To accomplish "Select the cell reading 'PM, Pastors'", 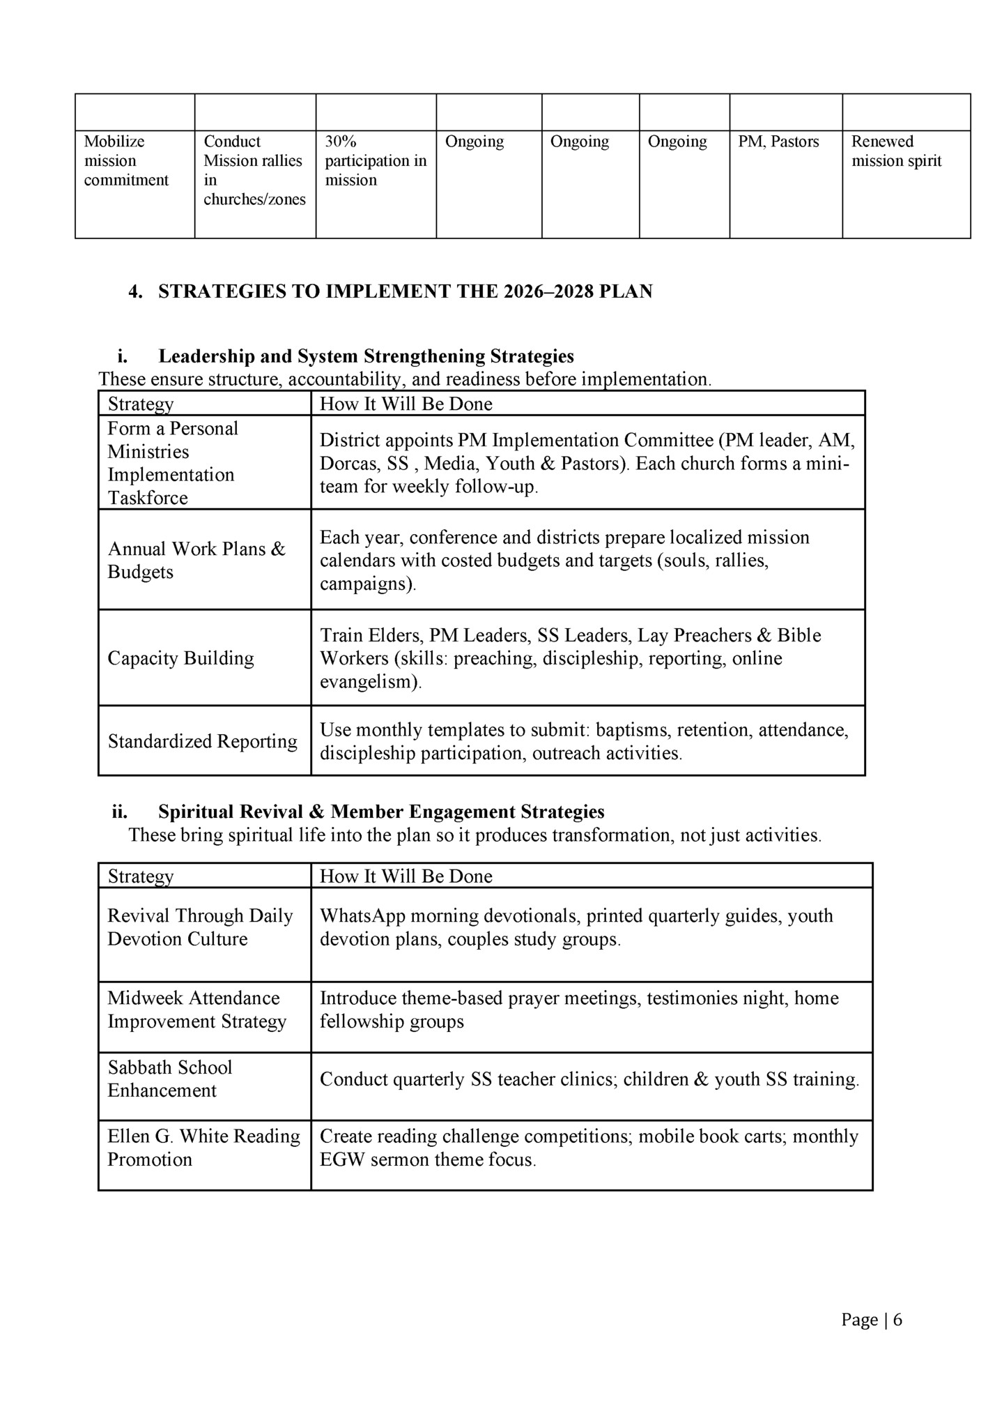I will pos(778,142).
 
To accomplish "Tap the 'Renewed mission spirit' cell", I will pos(895,151).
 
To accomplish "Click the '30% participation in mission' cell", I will pos(376,161).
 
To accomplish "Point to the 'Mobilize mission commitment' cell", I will pos(126,161).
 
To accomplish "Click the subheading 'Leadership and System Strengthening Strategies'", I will pos(366,356).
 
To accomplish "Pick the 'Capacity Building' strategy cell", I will pos(180,658).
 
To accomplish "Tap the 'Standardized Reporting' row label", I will pos(202,741).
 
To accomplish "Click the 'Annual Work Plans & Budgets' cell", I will pos(196,560).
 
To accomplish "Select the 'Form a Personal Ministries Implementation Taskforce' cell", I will pos(173,463).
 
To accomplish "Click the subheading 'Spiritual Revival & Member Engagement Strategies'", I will pos(381,812).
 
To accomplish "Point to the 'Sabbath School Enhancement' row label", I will pos(169,1079).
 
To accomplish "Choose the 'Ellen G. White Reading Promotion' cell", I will pos(203,1148).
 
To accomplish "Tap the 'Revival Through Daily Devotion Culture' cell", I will pos(200,927).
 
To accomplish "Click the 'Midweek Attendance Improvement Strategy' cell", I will pos(196,1010).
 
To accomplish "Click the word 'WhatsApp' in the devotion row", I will pos(359,915).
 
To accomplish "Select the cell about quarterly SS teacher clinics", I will pos(589,1079).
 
